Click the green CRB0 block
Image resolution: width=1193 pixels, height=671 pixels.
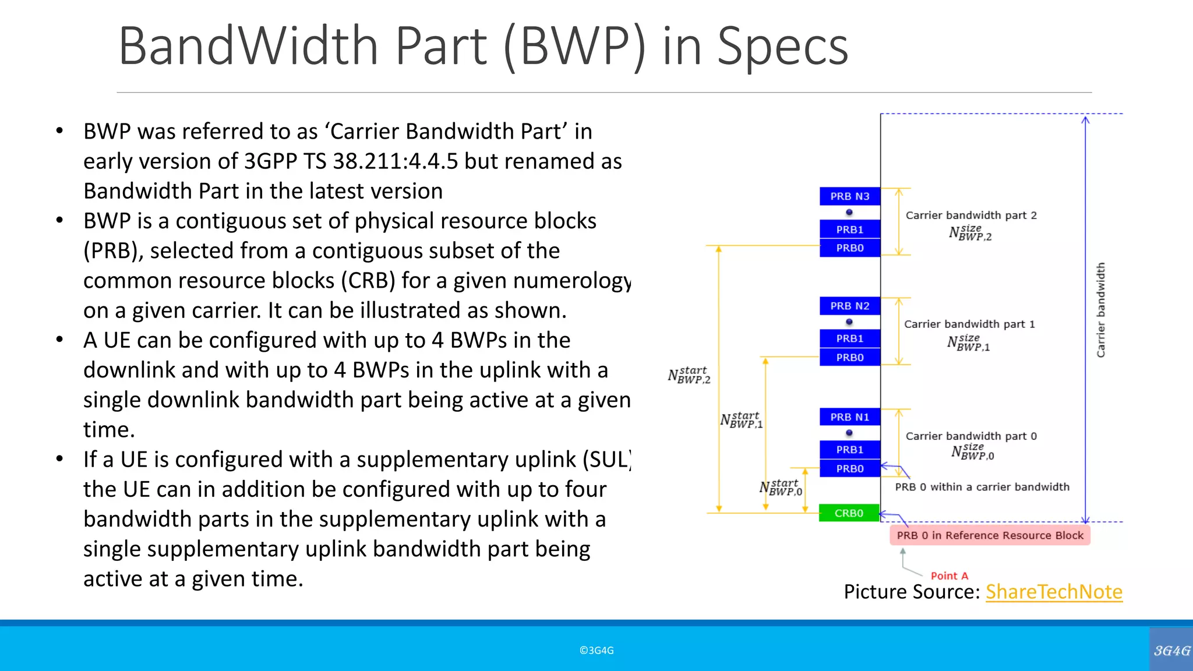pyautogui.click(x=849, y=513)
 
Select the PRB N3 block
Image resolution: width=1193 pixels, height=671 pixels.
pyautogui.click(x=849, y=196)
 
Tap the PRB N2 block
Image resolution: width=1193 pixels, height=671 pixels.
pyautogui.click(x=849, y=306)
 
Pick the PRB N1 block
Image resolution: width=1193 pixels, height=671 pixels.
pyautogui.click(x=849, y=417)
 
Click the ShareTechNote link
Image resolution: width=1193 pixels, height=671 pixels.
pyautogui.click(x=1053, y=592)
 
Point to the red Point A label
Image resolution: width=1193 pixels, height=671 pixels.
pyautogui.click(x=949, y=576)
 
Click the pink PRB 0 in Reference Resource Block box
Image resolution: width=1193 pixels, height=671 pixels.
pyautogui.click(x=990, y=535)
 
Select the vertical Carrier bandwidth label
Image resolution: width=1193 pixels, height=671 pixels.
pyautogui.click(x=1100, y=310)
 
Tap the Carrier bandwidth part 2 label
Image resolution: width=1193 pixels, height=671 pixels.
pyautogui.click(x=971, y=216)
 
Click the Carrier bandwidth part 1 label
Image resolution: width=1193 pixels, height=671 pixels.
pyautogui.click(x=969, y=324)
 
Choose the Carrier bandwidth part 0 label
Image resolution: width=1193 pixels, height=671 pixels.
pyautogui.click(x=971, y=436)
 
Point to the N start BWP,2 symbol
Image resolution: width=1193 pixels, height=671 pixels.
pyautogui.click(x=689, y=375)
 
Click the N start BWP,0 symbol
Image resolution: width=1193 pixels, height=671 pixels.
pyautogui.click(x=781, y=488)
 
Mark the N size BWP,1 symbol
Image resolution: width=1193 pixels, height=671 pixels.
pyautogui.click(x=968, y=342)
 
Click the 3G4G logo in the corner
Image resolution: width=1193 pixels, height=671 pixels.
pyautogui.click(x=1171, y=650)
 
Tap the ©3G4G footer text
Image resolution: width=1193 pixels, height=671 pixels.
pyautogui.click(x=596, y=651)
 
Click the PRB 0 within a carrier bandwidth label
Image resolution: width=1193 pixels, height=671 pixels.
pyautogui.click(x=982, y=487)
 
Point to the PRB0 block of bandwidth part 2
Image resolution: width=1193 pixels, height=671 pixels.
pyautogui.click(x=849, y=248)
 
